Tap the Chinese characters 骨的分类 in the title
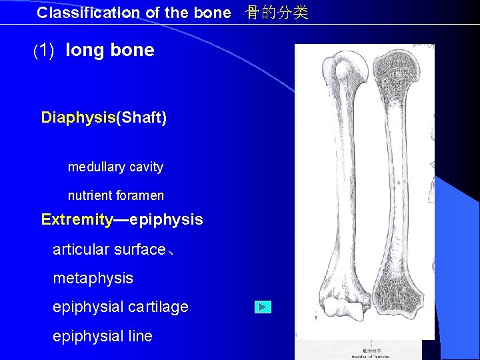tap(277, 13)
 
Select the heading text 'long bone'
tap(110, 50)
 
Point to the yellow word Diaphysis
tap(78, 118)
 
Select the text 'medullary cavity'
tap(115, 167)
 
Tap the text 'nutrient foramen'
tap(115, 196)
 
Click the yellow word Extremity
tap(77, 219)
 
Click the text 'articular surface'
tap(109, 249)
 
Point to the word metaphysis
tap(93, 278)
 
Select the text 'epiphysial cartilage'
tap(120, 307)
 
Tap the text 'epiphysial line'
tap(102, 336)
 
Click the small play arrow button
tap(263, 307)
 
